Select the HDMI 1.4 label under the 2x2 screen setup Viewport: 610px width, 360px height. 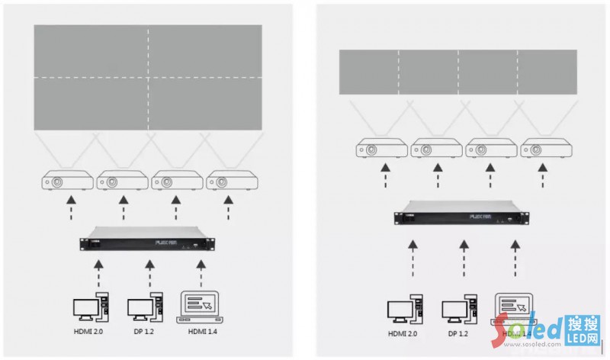(x=201, y=332)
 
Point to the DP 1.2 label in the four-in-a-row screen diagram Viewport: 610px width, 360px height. (x=458, y=333)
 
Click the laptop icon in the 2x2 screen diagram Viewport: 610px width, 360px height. (x=201, y=307)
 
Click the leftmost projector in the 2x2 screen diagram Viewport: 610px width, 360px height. (x=67, y=182)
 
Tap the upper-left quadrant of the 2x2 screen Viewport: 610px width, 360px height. (x=91, y=51)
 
